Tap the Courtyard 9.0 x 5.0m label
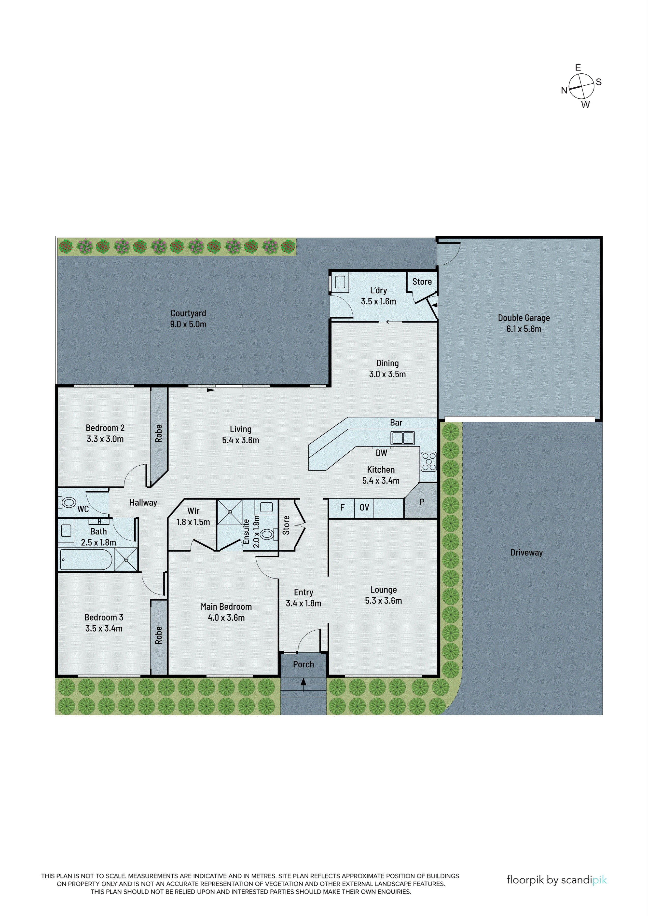coord(188,318)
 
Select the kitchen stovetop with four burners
coord(428,462)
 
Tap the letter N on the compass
coord(564,90)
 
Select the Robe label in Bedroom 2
coord(158,433)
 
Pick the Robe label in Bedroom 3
coord(158,635)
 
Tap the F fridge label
coord(342,508)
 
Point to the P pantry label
coord(422,502)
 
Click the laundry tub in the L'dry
coord(340,282)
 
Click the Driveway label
coord(526,552)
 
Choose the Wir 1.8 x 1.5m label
coord(193,516)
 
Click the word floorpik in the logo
coord(525,880)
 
